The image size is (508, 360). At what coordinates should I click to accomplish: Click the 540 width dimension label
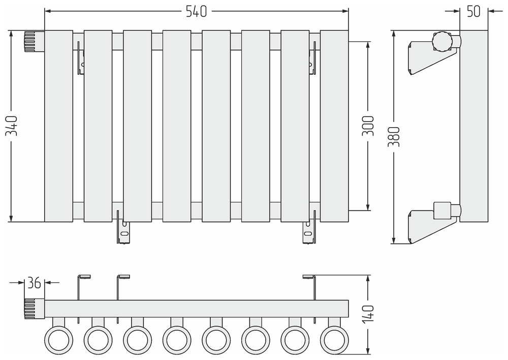pyautogui.click(x=196, y=11)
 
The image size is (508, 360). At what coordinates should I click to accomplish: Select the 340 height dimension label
pyautogui.click(x=11, y=126)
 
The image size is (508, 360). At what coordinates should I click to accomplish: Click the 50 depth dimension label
pyautogui.click(x=473, y=11)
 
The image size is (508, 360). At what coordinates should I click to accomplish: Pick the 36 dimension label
pyautogui.click(x=34, y=283)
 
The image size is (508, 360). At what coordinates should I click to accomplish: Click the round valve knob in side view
pyautogui.click(x=442, y=41)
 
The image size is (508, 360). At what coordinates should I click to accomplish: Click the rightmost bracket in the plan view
pyautogui.click(x=311, y=297)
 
